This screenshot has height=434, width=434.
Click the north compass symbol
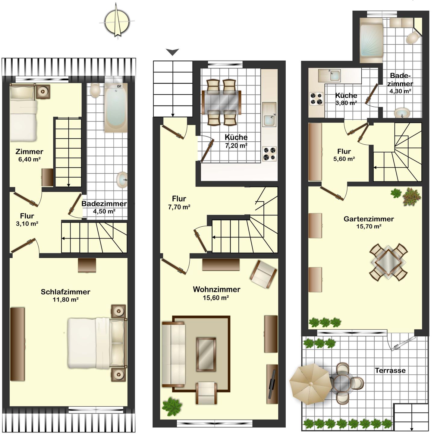coord(117,22)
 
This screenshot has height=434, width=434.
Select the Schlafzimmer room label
coord(65,292)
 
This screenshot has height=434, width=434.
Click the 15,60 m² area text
coord(216,298)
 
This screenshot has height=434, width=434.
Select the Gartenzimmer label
coord(369,219)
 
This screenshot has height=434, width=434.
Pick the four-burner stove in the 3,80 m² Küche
coord(316,99)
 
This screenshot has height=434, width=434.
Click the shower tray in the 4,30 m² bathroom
coord(371,40)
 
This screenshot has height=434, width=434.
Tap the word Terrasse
coord(390,370)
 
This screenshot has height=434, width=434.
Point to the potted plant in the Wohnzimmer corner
coord(171,407)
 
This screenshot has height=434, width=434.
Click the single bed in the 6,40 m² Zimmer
coord(24,113)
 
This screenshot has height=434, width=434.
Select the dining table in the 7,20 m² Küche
coord(222,102)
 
